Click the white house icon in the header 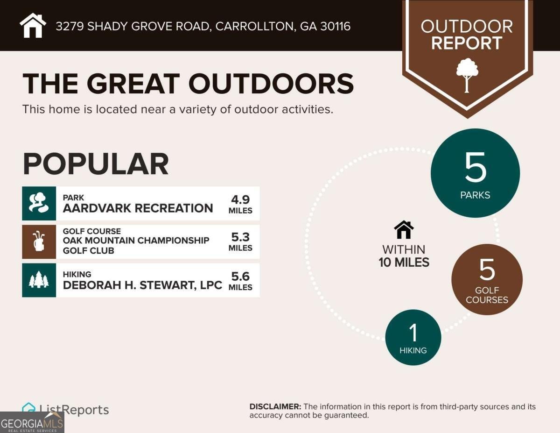click(x=33, y=25)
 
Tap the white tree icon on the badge click(x=467, y=75)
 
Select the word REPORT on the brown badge click(x=467, y=43)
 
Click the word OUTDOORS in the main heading click(x=271, y=84)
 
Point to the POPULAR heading click(x=96, y=164)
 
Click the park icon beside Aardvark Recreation click(x=39, y=203)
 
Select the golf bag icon click(x=39, y=241)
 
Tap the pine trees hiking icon click(x=39, y=280)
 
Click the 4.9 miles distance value click(x=240, y=204)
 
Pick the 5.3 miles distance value click(x=240, y=242)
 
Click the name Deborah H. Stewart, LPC click(x=142, y=285)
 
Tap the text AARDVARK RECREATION click(x=138, y=208)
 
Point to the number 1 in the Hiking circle click(x=413, y=333)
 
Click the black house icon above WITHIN click(x=404, y=230)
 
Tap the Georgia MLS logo click(x=32, y=422)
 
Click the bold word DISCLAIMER click(x=275, y=407)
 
